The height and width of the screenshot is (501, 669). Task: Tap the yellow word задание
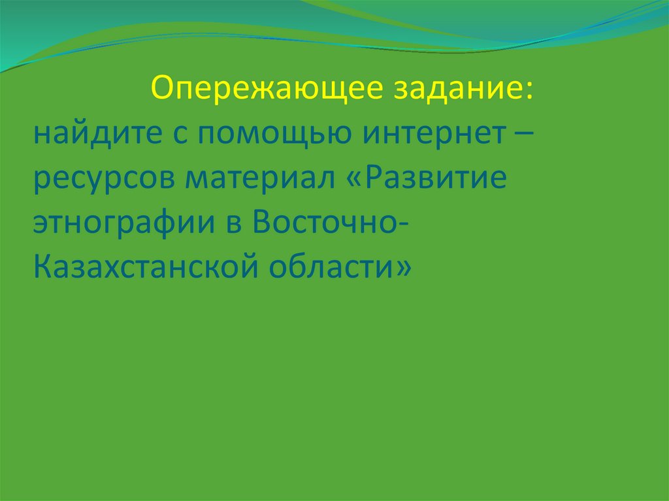(x=457, y=89)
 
